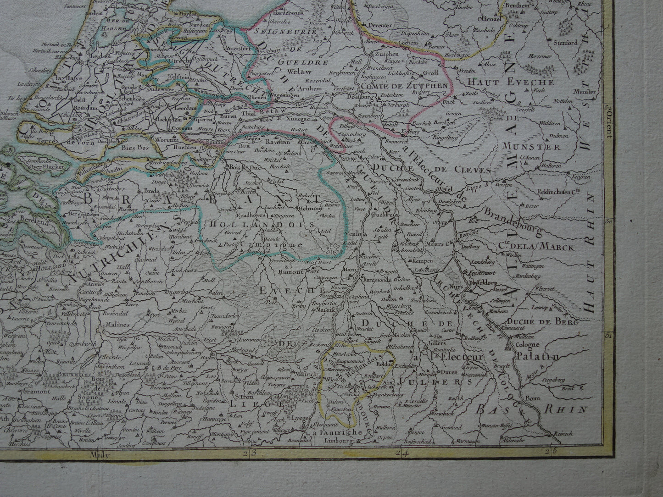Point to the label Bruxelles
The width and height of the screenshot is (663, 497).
point(16,374)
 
